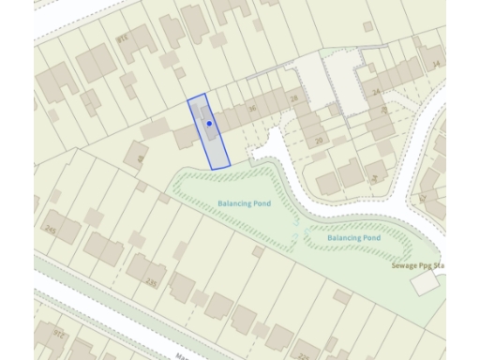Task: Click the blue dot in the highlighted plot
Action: point(210,124)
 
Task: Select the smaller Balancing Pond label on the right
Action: point(354,238)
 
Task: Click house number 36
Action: point(252,110)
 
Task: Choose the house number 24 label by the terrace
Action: point(376,93)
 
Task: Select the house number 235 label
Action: point(152,281)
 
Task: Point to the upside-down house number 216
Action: point(123,37)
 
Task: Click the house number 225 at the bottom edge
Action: point(303,356)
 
